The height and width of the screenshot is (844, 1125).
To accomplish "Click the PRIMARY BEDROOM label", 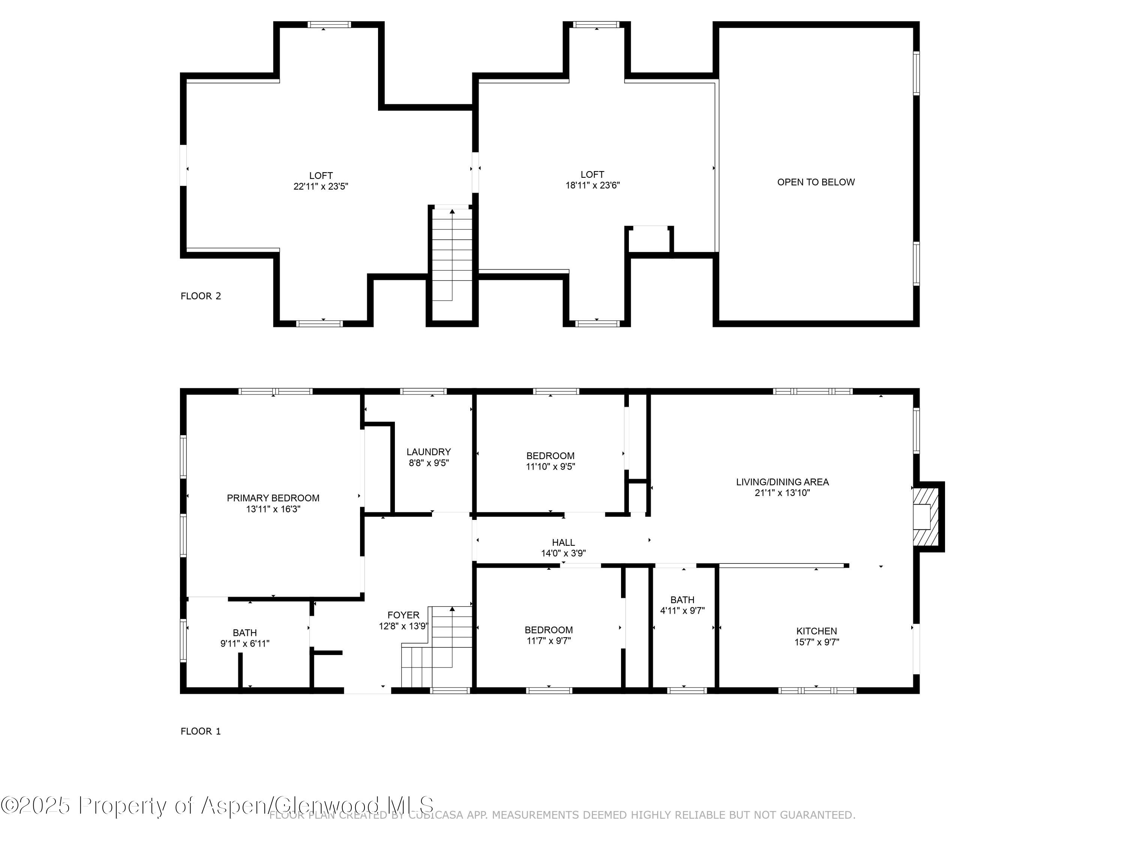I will tap(273, 498).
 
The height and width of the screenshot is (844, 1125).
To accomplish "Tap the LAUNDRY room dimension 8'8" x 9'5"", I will tap(429, 463).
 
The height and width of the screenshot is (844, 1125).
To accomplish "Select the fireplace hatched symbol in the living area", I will tap(924, 517).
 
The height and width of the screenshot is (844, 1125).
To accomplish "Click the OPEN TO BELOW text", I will tap(816, 182).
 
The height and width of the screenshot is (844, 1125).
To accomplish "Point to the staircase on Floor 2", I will tap(451, 254).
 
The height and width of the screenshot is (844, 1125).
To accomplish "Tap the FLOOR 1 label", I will tap(200, 731).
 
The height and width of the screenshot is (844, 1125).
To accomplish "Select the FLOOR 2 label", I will tap(200, 296).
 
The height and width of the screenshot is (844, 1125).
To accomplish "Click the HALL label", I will tap(563, 542).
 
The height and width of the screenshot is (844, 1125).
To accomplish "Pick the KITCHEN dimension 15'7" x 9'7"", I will tap(816, 642).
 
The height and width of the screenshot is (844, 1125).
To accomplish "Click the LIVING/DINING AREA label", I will tap(782, 482).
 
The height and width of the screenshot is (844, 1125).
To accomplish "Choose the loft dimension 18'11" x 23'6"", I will tap(592, 186).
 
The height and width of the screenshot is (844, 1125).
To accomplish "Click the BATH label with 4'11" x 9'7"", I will tap(682, 600).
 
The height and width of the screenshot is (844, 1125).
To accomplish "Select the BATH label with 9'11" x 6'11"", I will tap(244, 633).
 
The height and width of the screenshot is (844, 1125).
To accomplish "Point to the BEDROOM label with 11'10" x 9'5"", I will tap(550, 456).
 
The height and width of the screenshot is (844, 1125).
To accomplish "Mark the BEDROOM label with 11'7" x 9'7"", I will tap(549, 630).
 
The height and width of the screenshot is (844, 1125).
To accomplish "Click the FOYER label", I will tap(403, 615).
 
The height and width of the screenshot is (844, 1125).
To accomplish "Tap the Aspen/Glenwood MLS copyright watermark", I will tap(217, 805).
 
